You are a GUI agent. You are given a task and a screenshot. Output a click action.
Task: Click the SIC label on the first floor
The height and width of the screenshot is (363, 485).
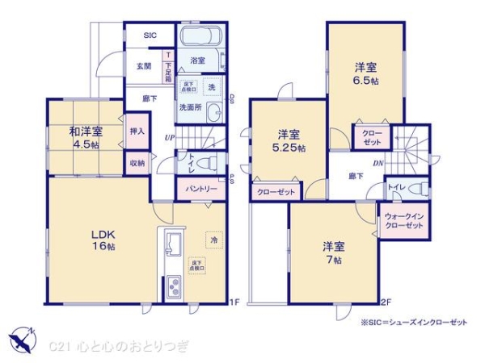pyautogui.click(x=150, y=35)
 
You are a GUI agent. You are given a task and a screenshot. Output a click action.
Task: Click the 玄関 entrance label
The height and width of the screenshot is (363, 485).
pyautogui.click(x=144, y=67)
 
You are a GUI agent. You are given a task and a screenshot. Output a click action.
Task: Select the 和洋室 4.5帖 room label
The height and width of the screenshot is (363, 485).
pyautogui.click(x=84, y=137)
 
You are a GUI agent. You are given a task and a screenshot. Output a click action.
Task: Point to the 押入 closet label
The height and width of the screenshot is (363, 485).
pyautogui.click(x=137, y=131)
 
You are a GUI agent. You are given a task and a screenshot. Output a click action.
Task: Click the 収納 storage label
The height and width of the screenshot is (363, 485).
pyautogui.click(x=137, y=162)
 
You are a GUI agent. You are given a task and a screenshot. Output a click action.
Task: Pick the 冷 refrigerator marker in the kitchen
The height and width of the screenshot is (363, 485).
pyautogui.click(x=213, y=240)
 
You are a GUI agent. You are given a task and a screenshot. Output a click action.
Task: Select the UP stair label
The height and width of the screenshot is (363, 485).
pyautogui.click(x=170, y=138)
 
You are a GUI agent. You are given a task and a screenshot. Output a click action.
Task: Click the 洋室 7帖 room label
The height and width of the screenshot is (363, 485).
pyautogui.click(x=334, y=252)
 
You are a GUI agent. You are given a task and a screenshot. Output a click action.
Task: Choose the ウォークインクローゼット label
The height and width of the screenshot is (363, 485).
pyautogui.click(x=404, y=221)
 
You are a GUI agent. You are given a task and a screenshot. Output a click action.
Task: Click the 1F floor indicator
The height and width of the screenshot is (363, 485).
pyautogui.click(x=234, y=302)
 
